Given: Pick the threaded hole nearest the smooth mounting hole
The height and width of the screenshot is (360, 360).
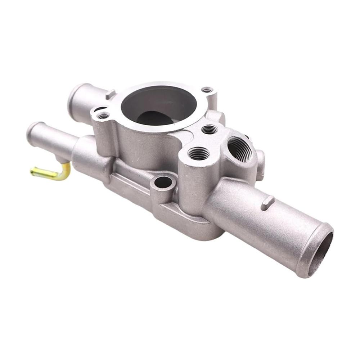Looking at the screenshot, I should coord(198,154).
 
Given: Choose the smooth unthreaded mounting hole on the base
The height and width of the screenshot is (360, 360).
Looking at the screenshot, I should coord(163,183).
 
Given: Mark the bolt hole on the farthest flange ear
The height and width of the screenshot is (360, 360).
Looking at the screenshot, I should coord(207,90).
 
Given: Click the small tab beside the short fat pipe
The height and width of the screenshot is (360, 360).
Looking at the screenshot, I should coord(111,94).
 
